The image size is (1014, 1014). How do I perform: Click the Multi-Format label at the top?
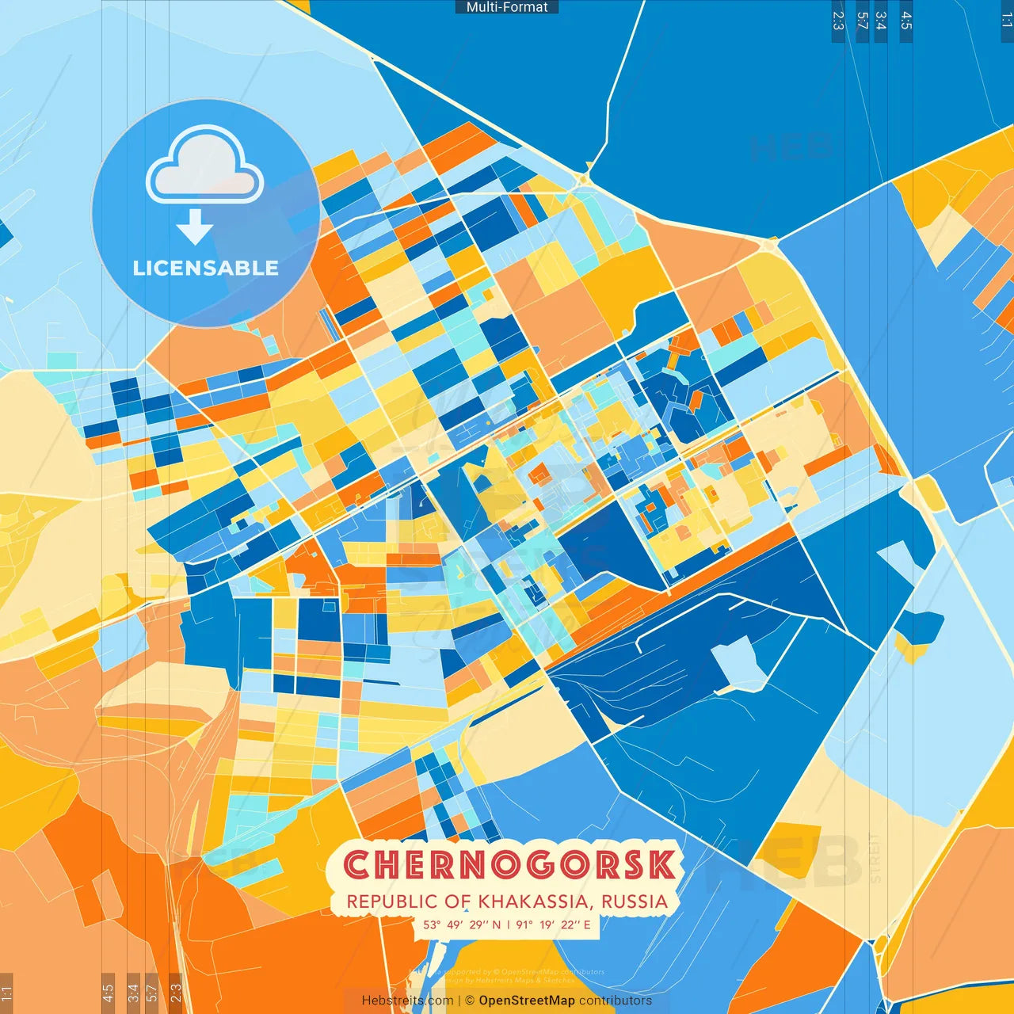tap(507, 7)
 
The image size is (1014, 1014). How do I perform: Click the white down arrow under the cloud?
tap(195, 227)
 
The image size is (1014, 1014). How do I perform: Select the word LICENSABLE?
tap(206, 268)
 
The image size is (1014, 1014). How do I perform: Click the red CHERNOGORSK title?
tap(509, 865)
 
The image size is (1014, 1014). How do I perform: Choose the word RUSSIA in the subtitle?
tap(634, 902)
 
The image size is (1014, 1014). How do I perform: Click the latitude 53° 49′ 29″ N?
tap(462, 924)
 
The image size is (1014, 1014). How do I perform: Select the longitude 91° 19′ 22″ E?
tap(553, 924)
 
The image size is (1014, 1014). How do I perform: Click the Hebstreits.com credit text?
tap(407, 1001)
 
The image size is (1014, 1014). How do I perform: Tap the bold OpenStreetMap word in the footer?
tap(527, 1001)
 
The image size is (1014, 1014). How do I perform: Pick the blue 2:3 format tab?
tap(838, 21)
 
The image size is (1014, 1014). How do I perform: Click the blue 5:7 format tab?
tap(862, 21)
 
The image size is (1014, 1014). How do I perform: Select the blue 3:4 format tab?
tap(880, 21)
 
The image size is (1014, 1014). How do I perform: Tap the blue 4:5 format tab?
tap(906, 21)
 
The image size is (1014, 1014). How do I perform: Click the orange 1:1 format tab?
tap(6, 993)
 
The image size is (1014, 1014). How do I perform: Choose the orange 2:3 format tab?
tap(175, 993)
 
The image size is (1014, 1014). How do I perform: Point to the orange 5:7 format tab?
tap(151, 993)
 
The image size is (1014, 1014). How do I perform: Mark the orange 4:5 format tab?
tap(108, 993)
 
